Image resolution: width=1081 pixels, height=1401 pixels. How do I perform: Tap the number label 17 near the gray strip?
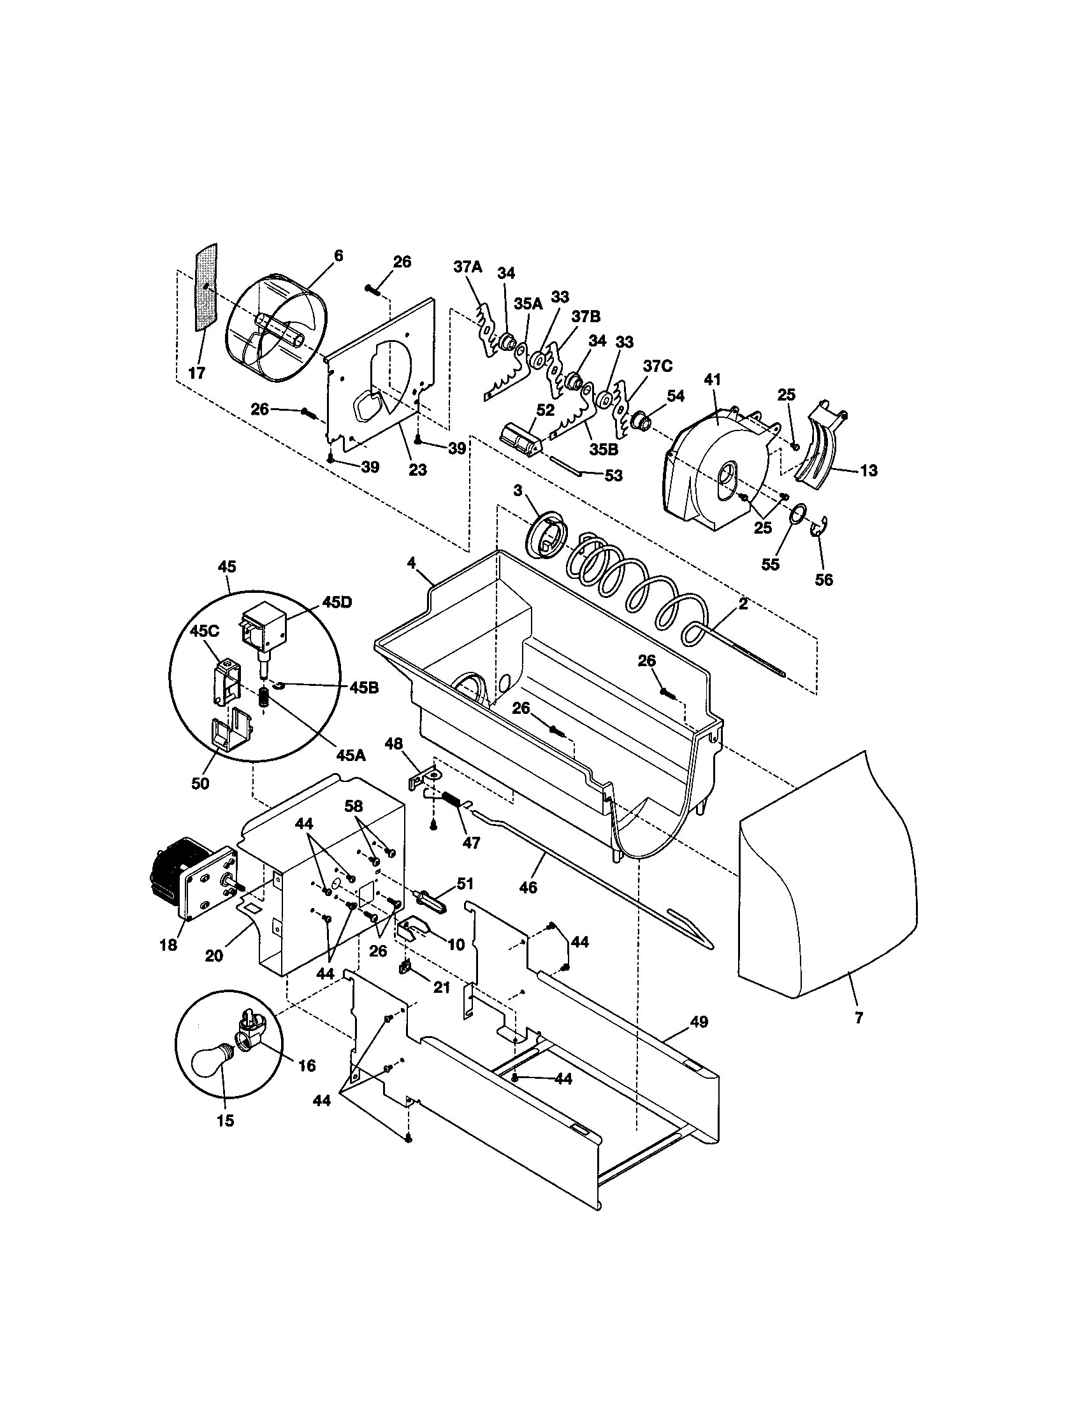[x=197, y=373]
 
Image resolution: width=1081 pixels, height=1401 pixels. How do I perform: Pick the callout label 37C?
[x=658, y=366]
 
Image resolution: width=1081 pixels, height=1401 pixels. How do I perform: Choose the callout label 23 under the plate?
[x=417, y=470]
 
